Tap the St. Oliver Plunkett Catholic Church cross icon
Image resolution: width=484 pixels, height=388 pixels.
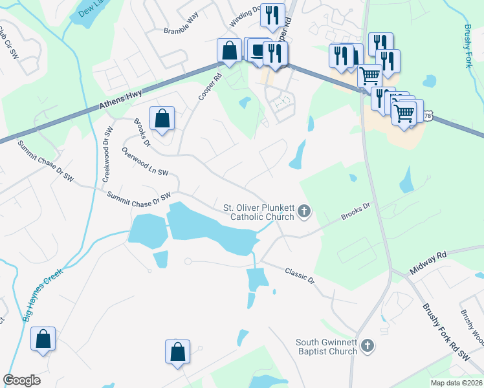click(303, 211)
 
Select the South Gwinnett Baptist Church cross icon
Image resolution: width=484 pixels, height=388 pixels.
click(368, 346)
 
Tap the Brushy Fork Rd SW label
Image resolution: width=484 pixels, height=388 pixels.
click(445, 332)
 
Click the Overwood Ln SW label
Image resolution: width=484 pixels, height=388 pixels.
click(145, 162)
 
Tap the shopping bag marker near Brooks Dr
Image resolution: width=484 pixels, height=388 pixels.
click(162, 119)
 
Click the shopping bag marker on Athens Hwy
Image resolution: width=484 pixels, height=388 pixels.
click(229, 50)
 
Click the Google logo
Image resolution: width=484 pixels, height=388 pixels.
click(21, 380)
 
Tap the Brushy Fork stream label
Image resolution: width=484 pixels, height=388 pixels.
click(468, 46)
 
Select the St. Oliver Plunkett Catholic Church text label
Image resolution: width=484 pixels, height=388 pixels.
click(259, 212)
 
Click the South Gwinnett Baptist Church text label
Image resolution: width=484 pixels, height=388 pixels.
click(326, 347)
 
